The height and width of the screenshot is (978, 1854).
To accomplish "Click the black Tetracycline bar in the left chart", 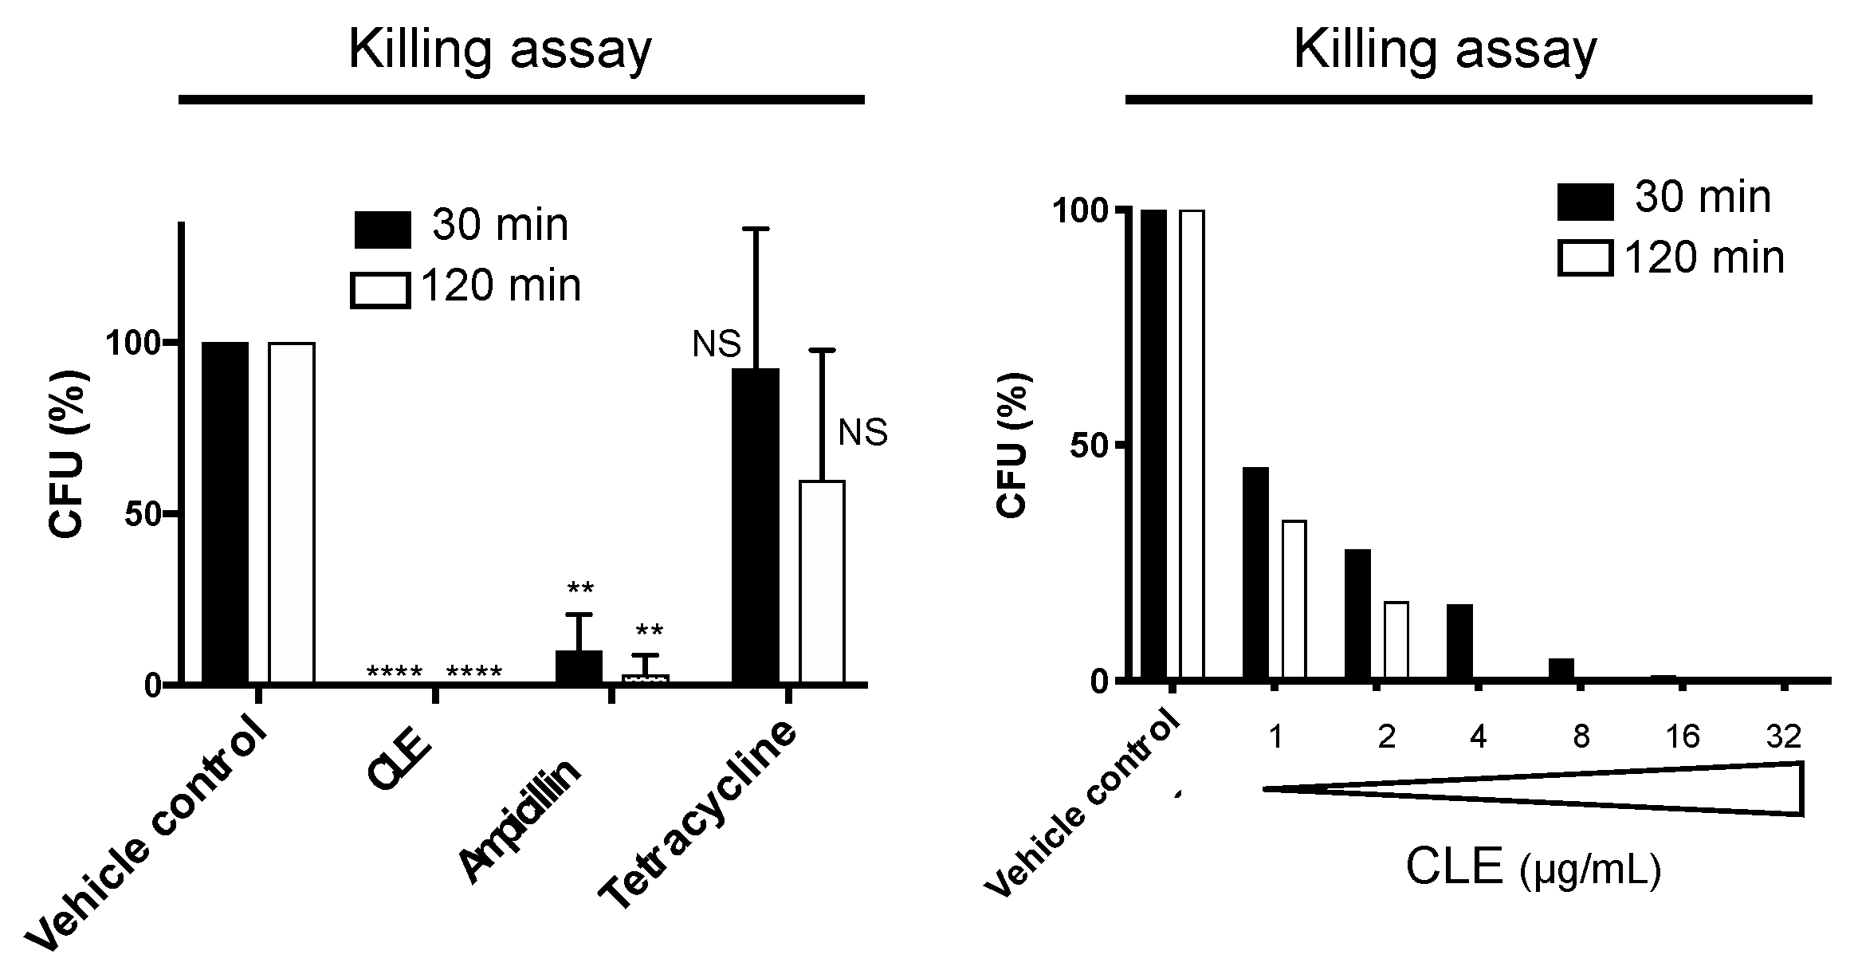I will click(755, 526).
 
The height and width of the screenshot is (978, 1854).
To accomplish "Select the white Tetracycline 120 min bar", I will click(822, 582).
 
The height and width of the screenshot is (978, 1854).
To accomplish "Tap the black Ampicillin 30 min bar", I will click(579, 667).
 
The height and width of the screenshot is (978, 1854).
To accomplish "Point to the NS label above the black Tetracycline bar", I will click(716, 344).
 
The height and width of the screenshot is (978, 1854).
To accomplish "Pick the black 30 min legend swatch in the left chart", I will click(383, 230).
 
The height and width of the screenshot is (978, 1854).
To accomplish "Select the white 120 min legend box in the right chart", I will click(1585, 258).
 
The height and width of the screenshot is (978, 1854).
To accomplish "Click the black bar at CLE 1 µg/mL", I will click(1255, 573).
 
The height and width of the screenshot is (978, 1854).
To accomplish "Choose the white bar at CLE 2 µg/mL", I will click(1396, 640).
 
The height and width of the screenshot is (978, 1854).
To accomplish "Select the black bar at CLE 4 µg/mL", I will click(1459, 642).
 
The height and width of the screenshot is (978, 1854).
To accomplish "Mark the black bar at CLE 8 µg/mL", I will click(1561, 670).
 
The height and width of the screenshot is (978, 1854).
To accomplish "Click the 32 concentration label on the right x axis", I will click(1783, 736).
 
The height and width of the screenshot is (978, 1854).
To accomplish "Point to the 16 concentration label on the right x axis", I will click(1683, 736).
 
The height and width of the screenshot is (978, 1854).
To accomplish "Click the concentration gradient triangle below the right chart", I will click(1674, 789).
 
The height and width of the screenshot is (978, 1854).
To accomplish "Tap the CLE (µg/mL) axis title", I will click(1532, 867).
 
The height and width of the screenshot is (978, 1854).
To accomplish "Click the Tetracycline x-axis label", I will click(700, 817).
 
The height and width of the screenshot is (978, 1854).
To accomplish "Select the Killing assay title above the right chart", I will click(1444, 49).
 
